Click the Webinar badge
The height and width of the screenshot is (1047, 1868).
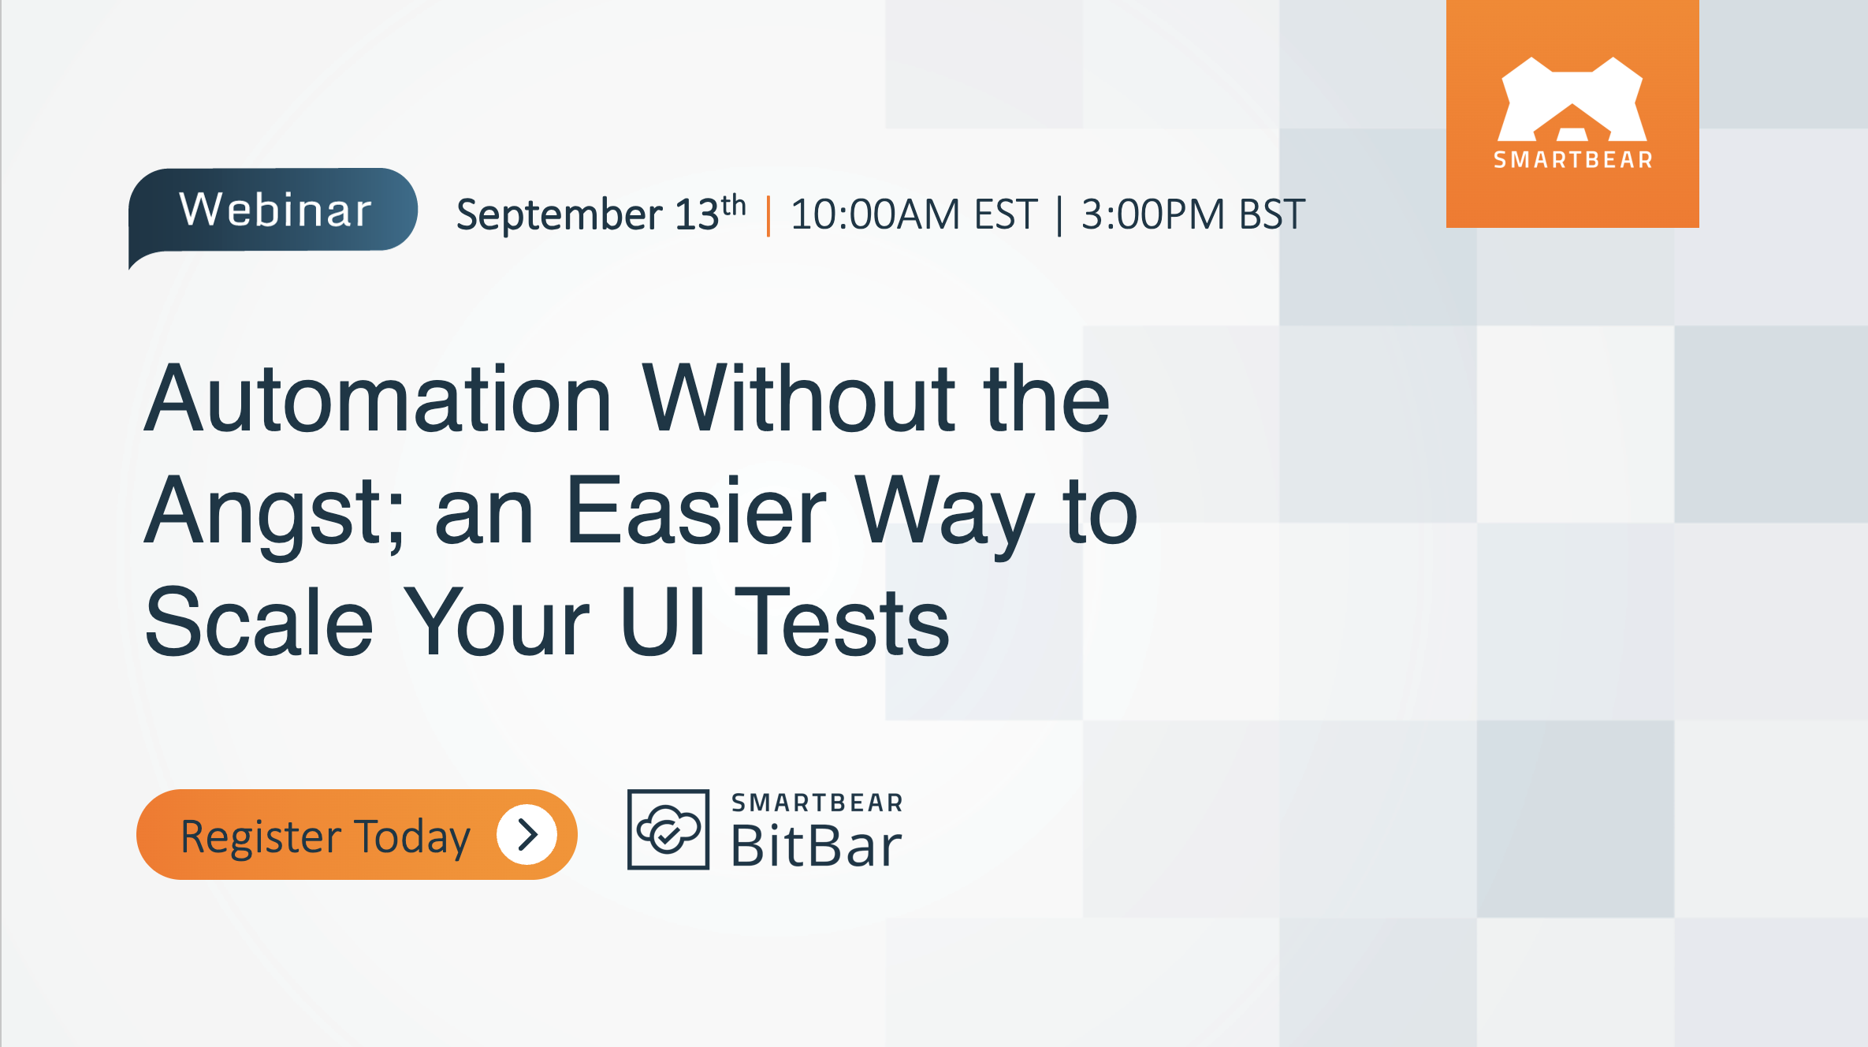[x=274, y=211]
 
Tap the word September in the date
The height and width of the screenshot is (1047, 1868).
[x=559, y=214]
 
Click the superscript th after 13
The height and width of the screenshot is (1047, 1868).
[x=734, y=205]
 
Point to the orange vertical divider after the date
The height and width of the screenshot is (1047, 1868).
[x=768, y=215]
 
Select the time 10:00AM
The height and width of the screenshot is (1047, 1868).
[x=875, y=214]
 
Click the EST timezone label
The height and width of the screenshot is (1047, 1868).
[x=1006, y=214]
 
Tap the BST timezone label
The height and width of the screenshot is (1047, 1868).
[x=1271, y=214]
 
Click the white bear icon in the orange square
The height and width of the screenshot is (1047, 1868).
[x=1572, y=99]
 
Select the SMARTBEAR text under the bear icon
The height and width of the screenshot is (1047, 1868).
[x=1573, y=160]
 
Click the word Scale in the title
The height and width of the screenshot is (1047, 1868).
[x=259, y=623]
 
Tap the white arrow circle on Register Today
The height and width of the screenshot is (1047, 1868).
[x=527, y=834]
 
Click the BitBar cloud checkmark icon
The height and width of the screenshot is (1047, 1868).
[x=668, y=829]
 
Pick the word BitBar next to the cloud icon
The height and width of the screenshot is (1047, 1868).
[x=816, y=846]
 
